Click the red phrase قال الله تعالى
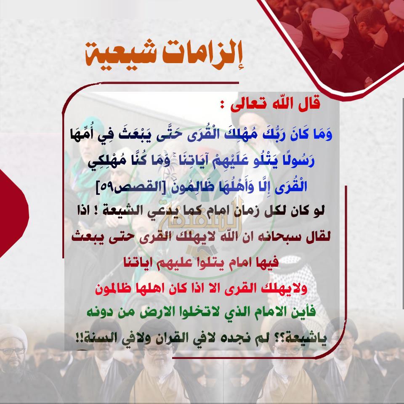point(276,104)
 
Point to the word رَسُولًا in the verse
point(300,161)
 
